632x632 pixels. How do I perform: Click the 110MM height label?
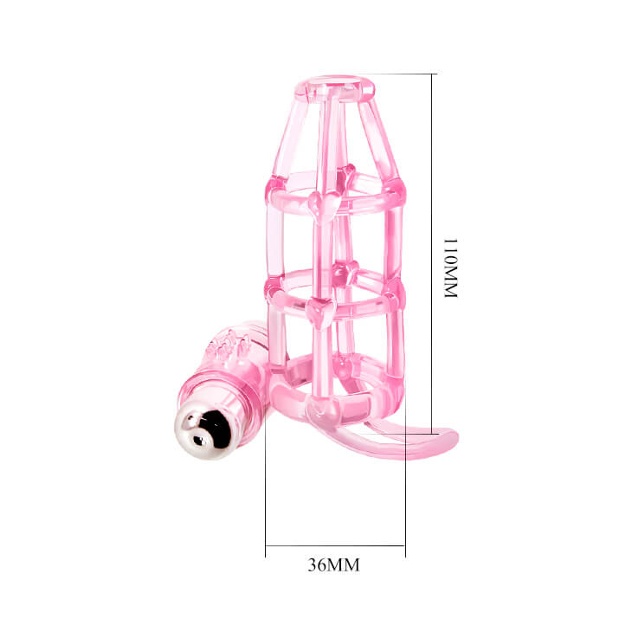coord(450,268)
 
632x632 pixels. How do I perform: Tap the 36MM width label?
coord(333,565)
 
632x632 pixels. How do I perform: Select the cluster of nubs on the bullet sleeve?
coord(229,345)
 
